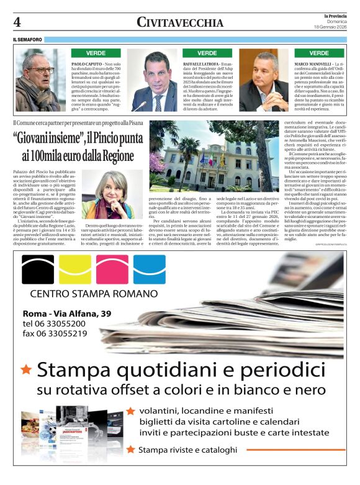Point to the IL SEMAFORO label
[28, 40]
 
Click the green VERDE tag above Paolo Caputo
[88, 53]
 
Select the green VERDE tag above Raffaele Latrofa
[207, 53]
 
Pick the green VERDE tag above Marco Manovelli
[319, 53]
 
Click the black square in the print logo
[38, 269]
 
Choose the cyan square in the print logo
[150, 269]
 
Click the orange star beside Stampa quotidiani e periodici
[26, 369]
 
